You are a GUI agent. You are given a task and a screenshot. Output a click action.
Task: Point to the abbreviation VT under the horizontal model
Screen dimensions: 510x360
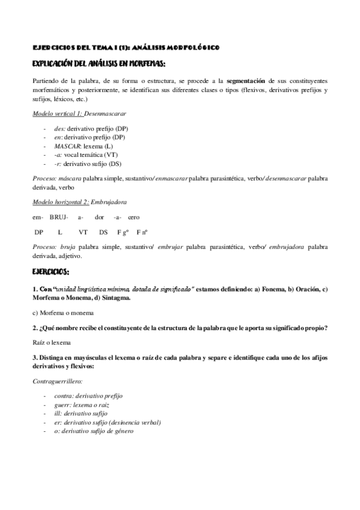pos(83,232)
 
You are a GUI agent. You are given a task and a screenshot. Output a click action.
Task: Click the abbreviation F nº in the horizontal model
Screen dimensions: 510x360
pos(142,232)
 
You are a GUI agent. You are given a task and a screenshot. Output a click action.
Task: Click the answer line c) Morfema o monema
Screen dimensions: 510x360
pos(64,313)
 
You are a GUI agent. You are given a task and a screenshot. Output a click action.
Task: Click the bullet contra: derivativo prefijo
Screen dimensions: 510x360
pos(88,396)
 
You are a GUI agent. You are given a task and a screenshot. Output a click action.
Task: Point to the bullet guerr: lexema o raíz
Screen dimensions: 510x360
pos(84,405)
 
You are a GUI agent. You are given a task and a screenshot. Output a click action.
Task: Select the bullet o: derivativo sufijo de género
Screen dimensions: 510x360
pos(93,431)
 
